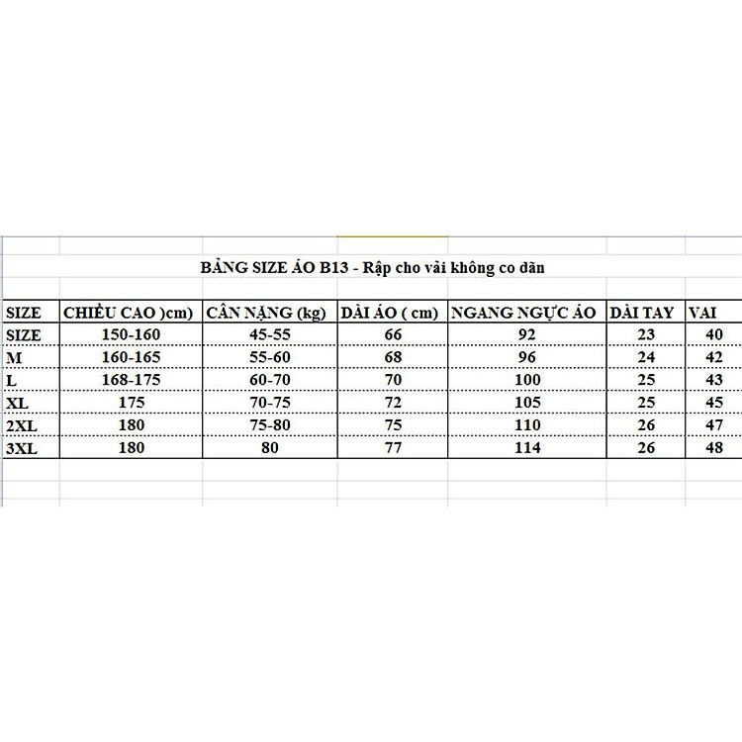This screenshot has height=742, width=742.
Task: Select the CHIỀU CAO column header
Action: click(x=129, y=314)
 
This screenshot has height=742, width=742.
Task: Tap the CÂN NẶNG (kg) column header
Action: click(x=265, y=314)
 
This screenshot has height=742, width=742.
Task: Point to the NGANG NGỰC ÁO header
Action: click(x=522, y=314)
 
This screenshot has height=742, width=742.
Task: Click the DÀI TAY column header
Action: click(x=642, y=314)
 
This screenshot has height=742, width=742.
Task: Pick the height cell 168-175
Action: click(x=130, y=381)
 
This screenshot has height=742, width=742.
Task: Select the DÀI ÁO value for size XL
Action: click(x=392, y=403)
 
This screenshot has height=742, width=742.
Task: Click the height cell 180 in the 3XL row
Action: click(x=130, y=448)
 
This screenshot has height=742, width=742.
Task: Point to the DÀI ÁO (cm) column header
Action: click(x=390, y=314)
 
